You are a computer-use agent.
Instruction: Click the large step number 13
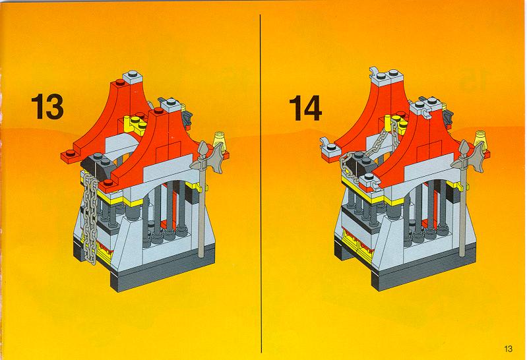47,107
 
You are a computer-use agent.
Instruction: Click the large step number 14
305,107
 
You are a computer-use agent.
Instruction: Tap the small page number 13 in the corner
508,349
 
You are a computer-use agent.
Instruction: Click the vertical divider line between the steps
261,183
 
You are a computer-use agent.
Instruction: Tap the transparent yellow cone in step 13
220,138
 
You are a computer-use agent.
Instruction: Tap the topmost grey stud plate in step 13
133,78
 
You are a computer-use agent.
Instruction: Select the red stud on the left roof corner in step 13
71,153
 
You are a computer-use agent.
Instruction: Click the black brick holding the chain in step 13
98,165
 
